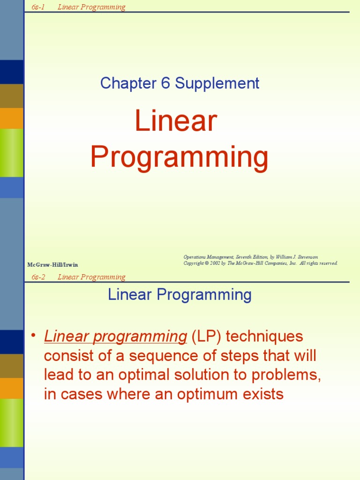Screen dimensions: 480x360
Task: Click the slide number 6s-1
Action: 38,7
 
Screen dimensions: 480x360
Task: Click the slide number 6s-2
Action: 38,277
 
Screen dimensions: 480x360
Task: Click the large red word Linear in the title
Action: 176,121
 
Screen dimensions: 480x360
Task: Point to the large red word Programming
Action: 180,157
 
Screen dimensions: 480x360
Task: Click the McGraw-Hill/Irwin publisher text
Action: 52,265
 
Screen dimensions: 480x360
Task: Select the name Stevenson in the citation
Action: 305,257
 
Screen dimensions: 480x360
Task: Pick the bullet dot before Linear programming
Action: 33,336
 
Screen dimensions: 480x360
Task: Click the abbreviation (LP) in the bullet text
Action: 203,337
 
